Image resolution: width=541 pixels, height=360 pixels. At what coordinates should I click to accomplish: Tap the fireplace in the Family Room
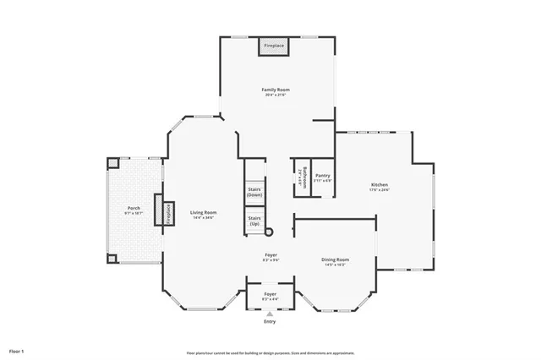[x=273, y=46]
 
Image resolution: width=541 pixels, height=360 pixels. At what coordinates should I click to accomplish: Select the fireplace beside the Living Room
[x=158, y=210]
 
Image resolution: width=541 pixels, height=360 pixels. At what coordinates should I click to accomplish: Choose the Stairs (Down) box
[x=254, y=192]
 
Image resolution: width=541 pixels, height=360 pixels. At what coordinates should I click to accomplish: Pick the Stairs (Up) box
[x=254, y=221]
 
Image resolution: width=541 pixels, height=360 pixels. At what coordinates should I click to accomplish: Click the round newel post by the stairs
[x=270, y=231]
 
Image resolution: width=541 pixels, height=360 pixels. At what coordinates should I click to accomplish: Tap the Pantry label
[x=322, y=177]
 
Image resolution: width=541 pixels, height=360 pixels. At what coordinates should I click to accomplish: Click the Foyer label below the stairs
[x=270, y=255]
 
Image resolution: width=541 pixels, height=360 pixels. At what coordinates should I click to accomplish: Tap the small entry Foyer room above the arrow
[x=270, y=295]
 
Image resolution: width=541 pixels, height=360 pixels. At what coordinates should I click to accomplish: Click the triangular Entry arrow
[x=270, y=314]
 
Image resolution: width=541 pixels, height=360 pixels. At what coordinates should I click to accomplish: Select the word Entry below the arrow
[x=270, y=322]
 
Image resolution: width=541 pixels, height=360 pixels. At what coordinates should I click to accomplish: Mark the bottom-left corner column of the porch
[x=112, y=259]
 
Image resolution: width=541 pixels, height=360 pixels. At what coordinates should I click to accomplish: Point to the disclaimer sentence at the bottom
[x=270, y=352]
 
